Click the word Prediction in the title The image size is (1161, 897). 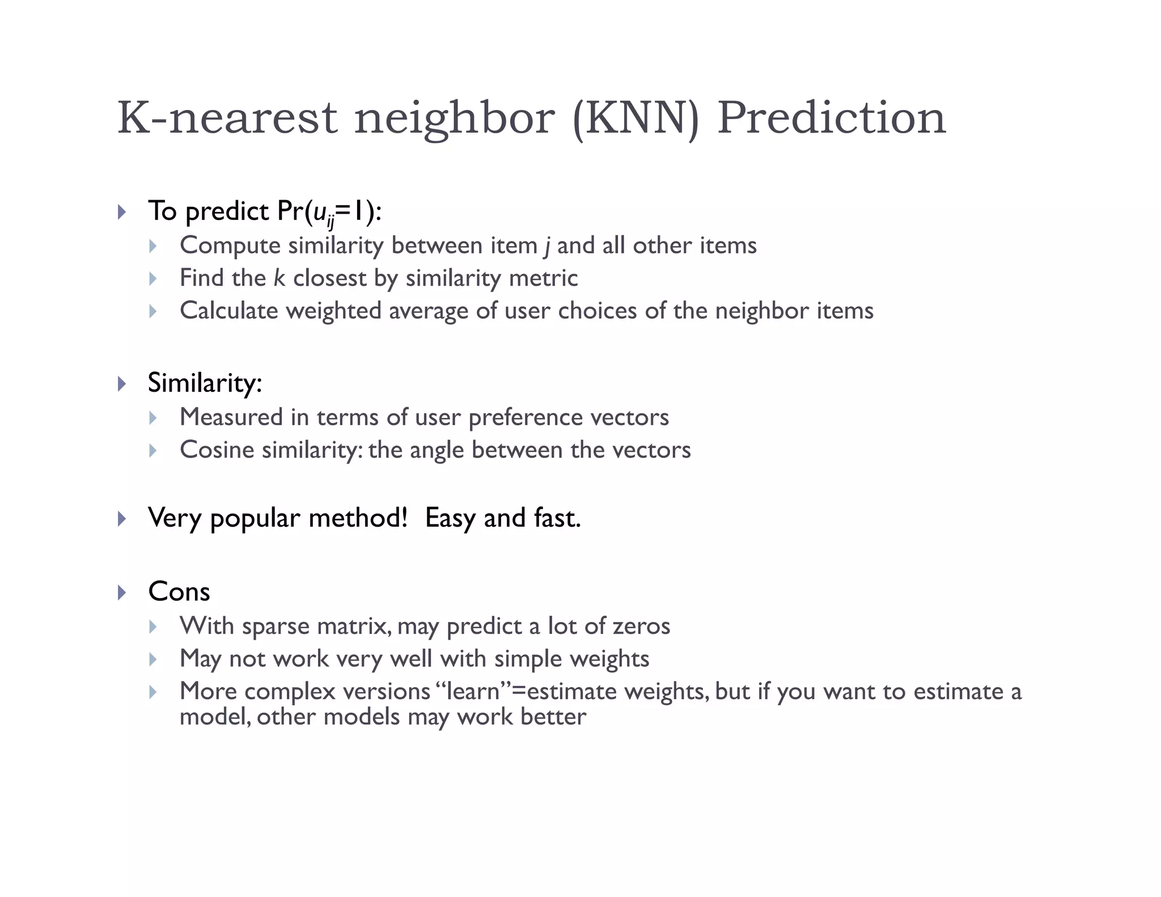tap(832, 117)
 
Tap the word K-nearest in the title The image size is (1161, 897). tap(227, 117)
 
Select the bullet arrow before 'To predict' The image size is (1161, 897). tap(121, 213)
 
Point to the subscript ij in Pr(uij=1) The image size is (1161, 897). tap(330, 221)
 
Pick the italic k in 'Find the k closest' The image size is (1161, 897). tap(279, 278)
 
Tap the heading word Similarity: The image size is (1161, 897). tap(205, 383)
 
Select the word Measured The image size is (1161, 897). tap(231, 417)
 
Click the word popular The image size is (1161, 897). tap(255, 518)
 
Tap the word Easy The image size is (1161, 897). tap(450, 518)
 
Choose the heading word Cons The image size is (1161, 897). tap(179, 592)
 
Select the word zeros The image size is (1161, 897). tap(642, 626)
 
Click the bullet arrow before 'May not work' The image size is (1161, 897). tap(152, 659)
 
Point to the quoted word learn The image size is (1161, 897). tap(473, 691)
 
